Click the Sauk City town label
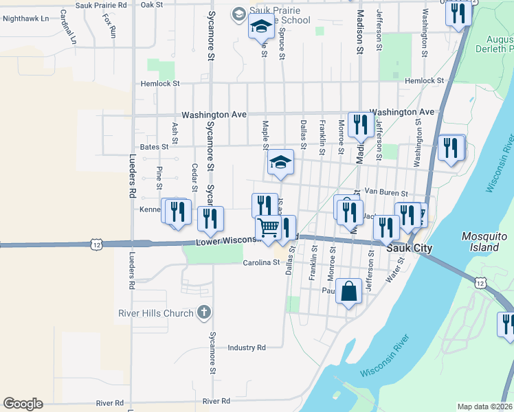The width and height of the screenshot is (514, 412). [410, 248]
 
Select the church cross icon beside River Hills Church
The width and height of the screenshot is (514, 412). [203, 313]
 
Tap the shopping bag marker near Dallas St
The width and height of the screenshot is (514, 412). [349, 291]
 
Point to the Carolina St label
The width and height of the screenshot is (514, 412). [263, 263]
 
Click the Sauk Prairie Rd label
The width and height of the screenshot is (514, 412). [102, 4]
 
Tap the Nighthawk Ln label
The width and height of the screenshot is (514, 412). [26, 19]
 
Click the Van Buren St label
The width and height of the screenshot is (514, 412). [386, 193]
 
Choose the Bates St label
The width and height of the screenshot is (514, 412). [154, 147]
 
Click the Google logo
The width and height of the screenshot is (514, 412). [23, 404]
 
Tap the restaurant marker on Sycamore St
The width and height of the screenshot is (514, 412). [210, 219]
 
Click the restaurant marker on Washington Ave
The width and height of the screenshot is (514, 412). [358, 124]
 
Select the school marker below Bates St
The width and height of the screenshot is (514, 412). [280, 162]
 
